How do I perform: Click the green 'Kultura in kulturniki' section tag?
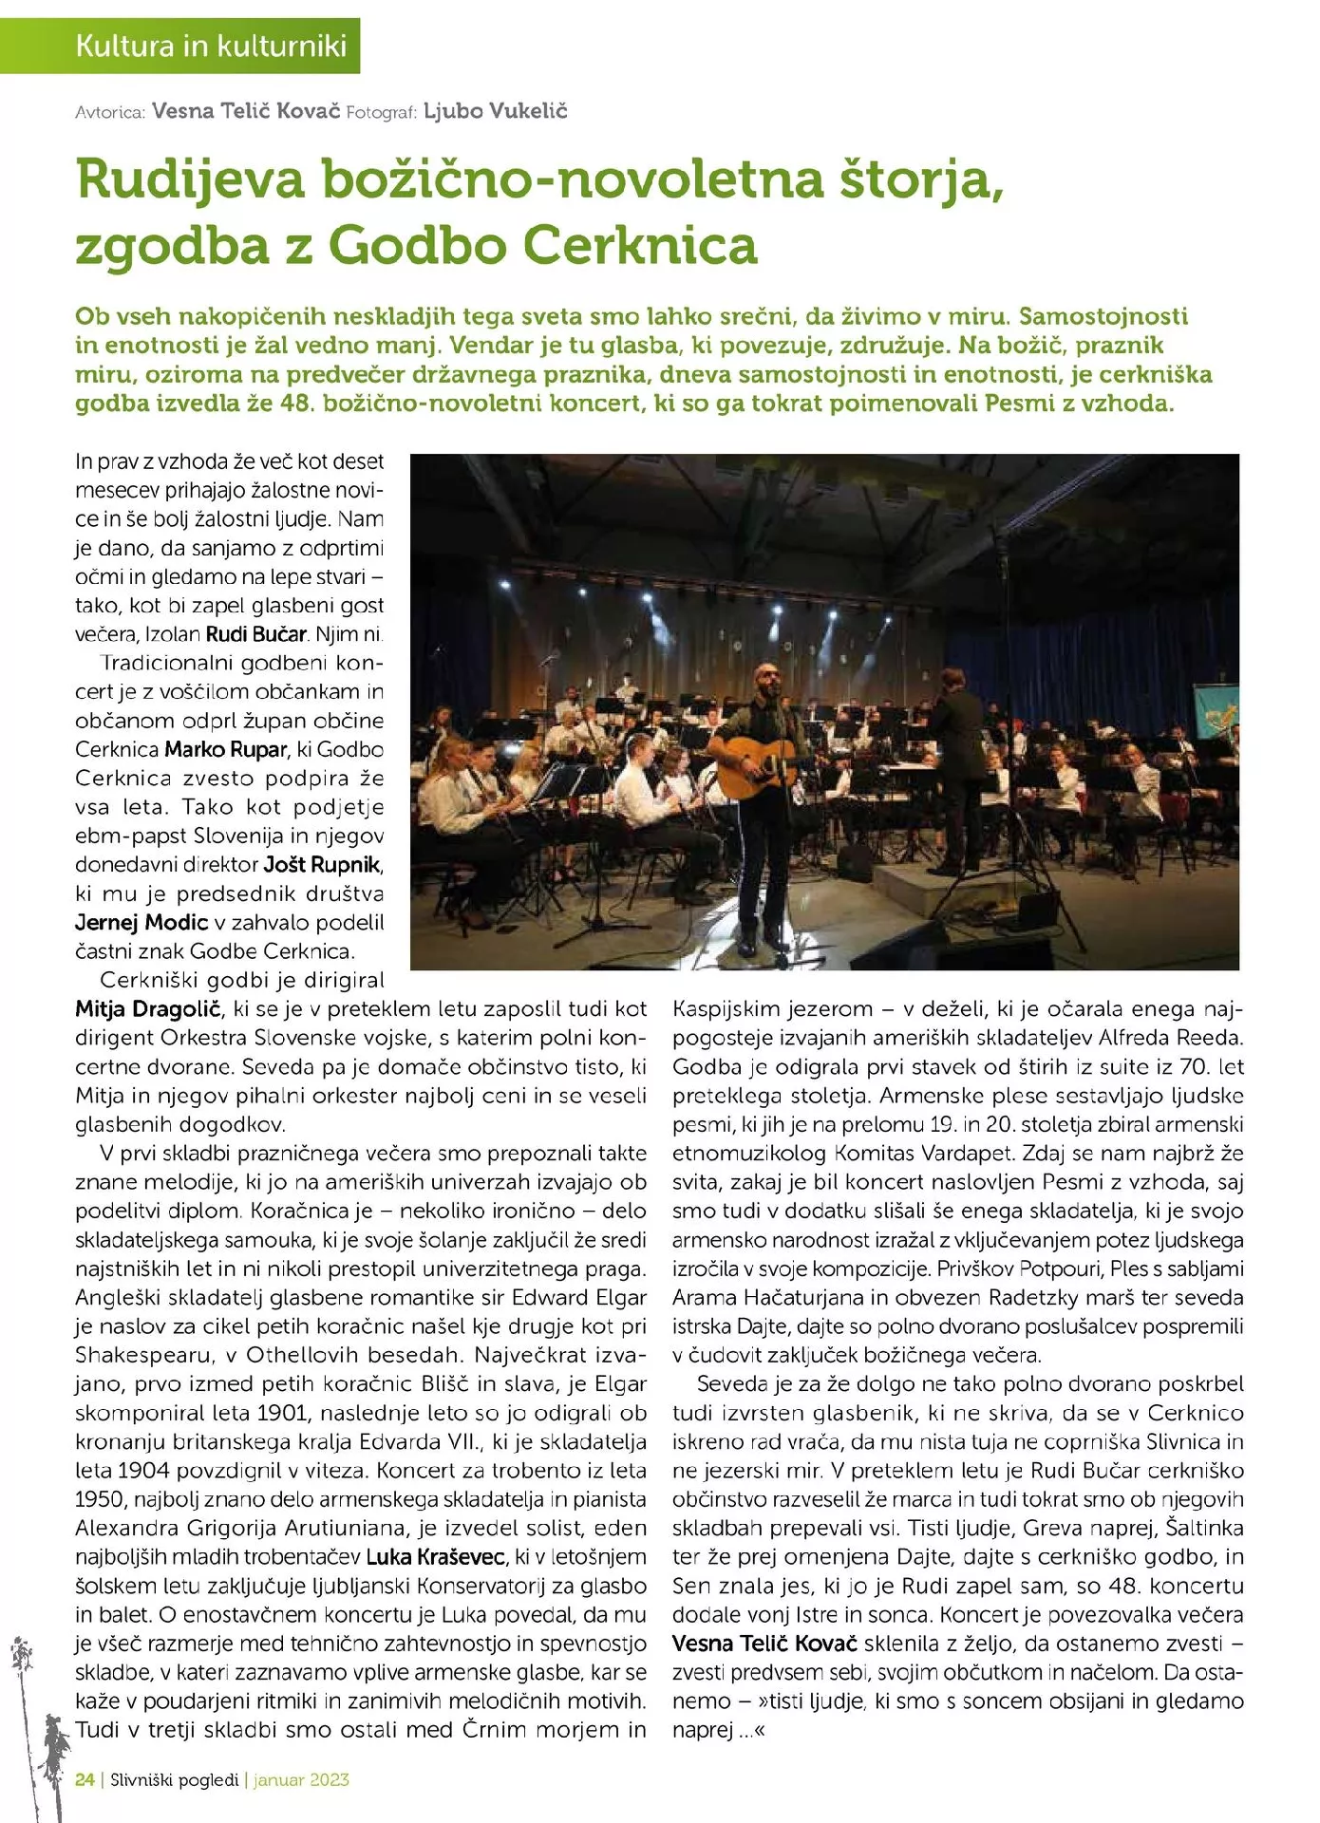pyautogui.click(x=211, y=46)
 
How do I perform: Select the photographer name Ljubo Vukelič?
pyautogui.click(x=495, y=111)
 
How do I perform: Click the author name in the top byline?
pyautogui.click(x=245, y=111)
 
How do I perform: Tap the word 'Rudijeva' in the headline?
pyautogui.click(x=190, y=179)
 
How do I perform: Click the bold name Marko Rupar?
pyautogui.click(x=225, y=750)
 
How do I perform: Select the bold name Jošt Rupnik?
pyautogui.click(x=322, y=865)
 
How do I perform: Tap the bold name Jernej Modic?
pyautogui.click(x=141, y=923)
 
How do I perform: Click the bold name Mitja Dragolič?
pyautogui.click(x=148, y=1009)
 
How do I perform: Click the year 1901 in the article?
pyautogui.click(x=282, y=1412)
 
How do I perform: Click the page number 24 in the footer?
pyautogui.click(x=85, y=1780)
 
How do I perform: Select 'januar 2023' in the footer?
pyautogui.click(x=302, y=1780)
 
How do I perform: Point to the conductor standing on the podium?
pyautogui.click(x=954, y=750)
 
